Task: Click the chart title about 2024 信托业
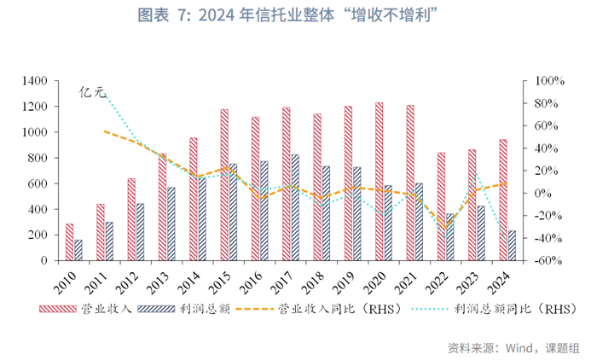(298, 15)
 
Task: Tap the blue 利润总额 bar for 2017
(295, 207)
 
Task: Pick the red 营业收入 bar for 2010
(69, 242)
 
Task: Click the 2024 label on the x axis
(502, 279)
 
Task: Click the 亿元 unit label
(91, 90)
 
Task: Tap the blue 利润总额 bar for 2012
(140, 232)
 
